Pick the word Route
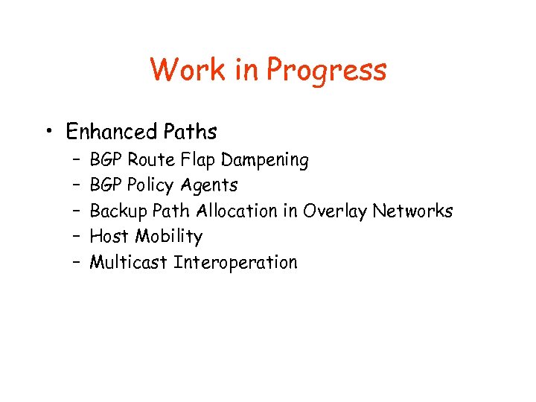click(x=151, y=159)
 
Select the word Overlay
click(x=334, y=211)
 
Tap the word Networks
click(x=412, y=211)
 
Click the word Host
click(x=107, y=236)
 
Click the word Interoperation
click(x=235, y=263)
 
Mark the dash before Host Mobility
click(x=77, y=237)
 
